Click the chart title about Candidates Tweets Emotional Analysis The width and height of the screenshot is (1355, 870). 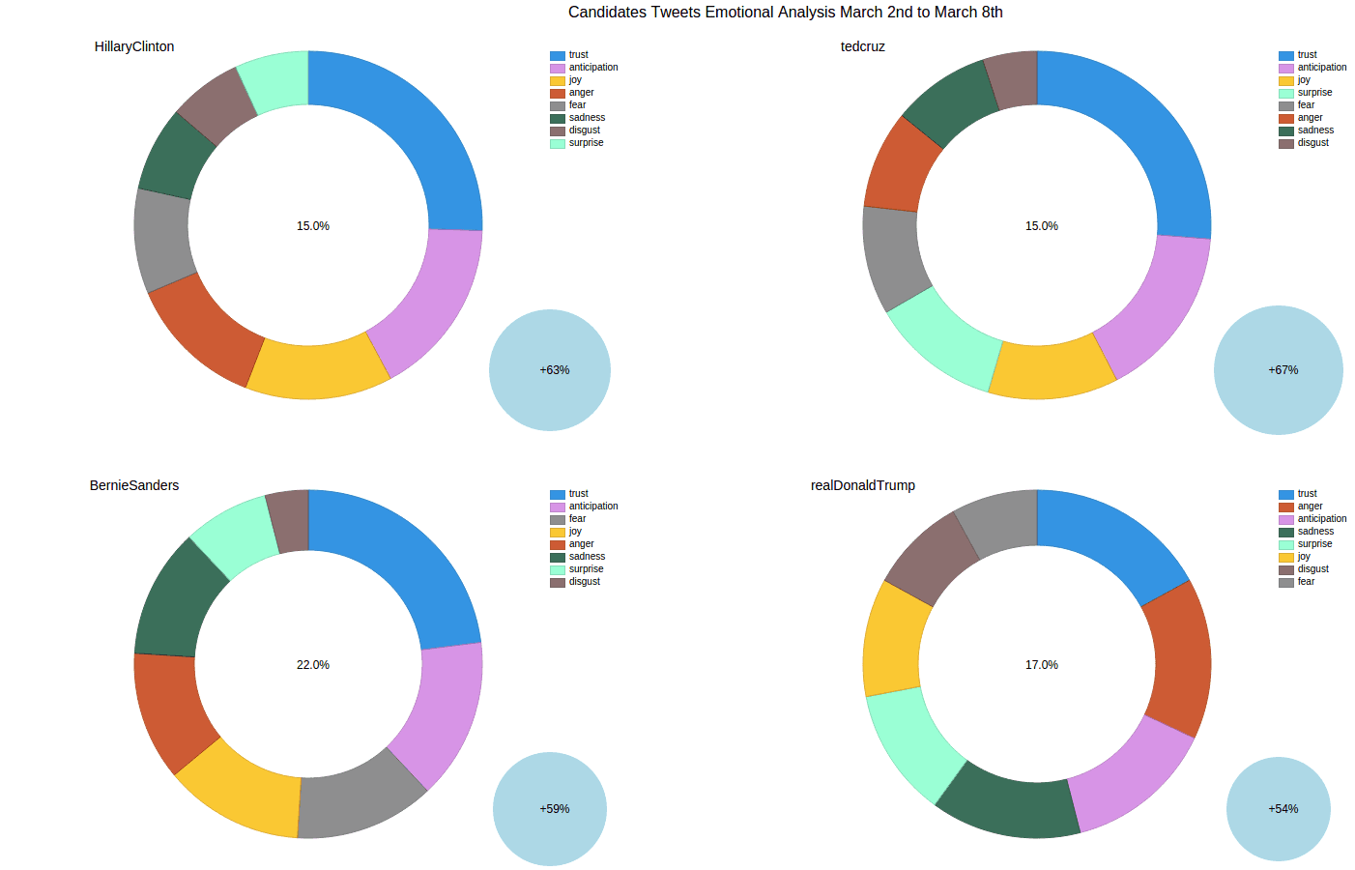pyautogui.click(x=785, y=13)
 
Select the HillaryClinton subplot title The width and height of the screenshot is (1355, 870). pyautogui.click(x=134, y=46)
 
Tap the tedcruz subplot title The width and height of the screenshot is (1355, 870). pyautogui.click(x=862, y=46)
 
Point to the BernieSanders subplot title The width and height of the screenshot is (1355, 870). pyautogui.click(x=134, y=485)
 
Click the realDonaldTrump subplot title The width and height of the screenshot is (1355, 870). pyautogui.click(x=862, y=485)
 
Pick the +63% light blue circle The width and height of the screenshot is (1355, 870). pyautogui.click(x=550, y=370)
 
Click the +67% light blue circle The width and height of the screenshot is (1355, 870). pyautogui.click(x=1278, y=370)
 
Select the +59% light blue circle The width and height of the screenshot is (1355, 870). pyautogui.click(x=550, y=809)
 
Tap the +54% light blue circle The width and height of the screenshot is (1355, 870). pyautogui.click(x=1278, y=809)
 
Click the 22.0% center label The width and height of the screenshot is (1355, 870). pyautogui.click(x=312, y=665)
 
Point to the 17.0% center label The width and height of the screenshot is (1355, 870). pyautogui.click(x=1041, y=665)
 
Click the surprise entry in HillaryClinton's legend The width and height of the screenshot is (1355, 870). pyautogui.click(x=586, y=143)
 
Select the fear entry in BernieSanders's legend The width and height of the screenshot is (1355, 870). pyautogui.click(x=577, y=519)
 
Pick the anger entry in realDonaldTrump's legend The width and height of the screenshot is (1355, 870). pyautogui.click(x=1310, y=507)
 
